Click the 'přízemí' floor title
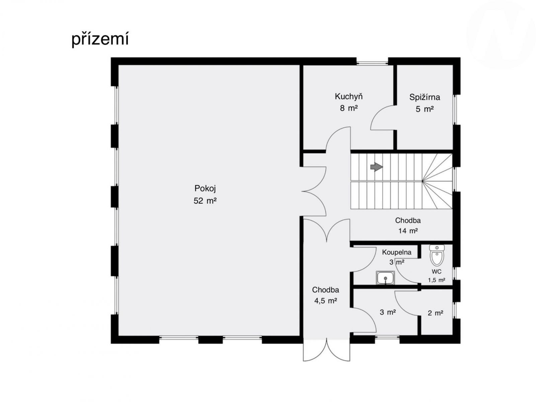point(100,39)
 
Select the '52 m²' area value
point(205,201)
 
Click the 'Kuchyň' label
point(349,97)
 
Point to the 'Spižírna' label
point(425,97)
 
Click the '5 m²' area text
point(425,109)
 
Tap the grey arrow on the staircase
point(376,167)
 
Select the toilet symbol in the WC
point(437,255)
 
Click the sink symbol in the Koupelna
point(385,278)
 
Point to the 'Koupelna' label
point(397,252)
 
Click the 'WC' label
point(436,272)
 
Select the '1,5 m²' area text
point(436,280)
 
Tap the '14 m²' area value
point(408,231)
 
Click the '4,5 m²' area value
point(325,301)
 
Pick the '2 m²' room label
point(435,313)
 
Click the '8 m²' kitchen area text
point(349,108)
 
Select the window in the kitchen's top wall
point(372,63)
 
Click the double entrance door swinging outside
point(326,350)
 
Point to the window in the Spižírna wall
point(455,110)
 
